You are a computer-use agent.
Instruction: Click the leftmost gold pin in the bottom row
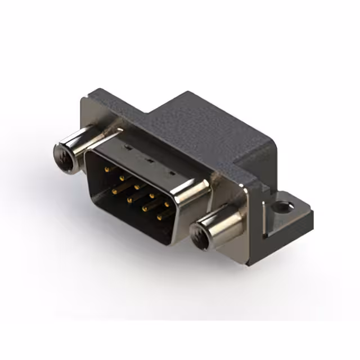(114, 191)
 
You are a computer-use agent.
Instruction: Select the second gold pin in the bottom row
(129, 200)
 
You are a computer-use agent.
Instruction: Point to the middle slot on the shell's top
(148, 159)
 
